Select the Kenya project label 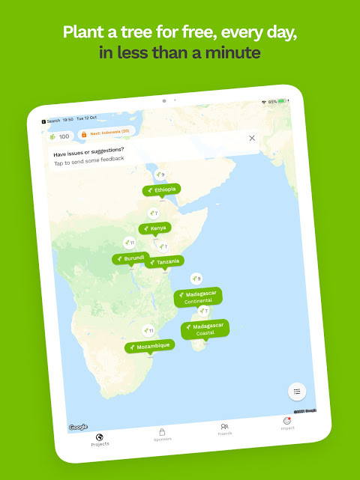154,228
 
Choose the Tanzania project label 163,262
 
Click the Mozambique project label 150,347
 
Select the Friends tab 224,429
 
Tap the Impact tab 287,424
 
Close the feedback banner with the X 252,138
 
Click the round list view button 297,391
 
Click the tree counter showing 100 59,136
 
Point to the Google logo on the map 78,428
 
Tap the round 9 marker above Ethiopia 159,174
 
